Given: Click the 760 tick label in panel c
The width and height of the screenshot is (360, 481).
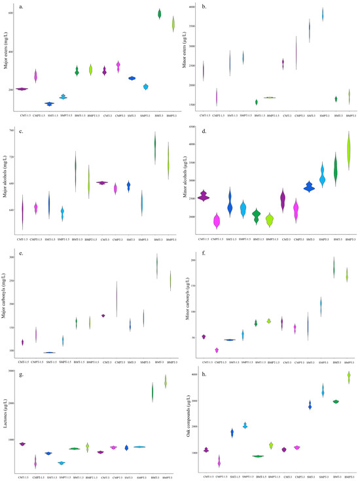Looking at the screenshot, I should pos(15,131).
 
